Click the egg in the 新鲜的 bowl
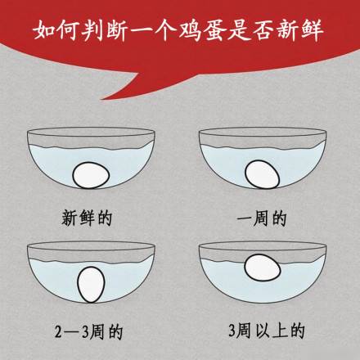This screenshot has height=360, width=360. coord(91,175)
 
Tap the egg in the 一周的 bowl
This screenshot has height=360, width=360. coord(262,174)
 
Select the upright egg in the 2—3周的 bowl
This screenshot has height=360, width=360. coord(91,285)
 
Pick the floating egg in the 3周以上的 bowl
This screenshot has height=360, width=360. coord(262,268)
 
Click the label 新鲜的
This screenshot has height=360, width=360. coord(87,218)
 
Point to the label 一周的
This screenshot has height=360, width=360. coord(262,218)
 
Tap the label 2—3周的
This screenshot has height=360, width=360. coord(89,332)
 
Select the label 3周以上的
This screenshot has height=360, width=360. coord(267,331)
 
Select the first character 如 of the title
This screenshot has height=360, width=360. coord(45,29)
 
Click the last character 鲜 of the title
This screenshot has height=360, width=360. coord(313,29)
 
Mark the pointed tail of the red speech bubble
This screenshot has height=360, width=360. coord(101,99)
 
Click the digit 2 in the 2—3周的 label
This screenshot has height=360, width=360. coord(58,332)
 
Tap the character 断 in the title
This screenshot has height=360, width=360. coord(117,29)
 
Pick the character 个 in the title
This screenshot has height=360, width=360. coord(166,29)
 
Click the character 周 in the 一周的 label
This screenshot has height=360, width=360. coord(260,218)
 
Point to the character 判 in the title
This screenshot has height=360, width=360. coord(92,29)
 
